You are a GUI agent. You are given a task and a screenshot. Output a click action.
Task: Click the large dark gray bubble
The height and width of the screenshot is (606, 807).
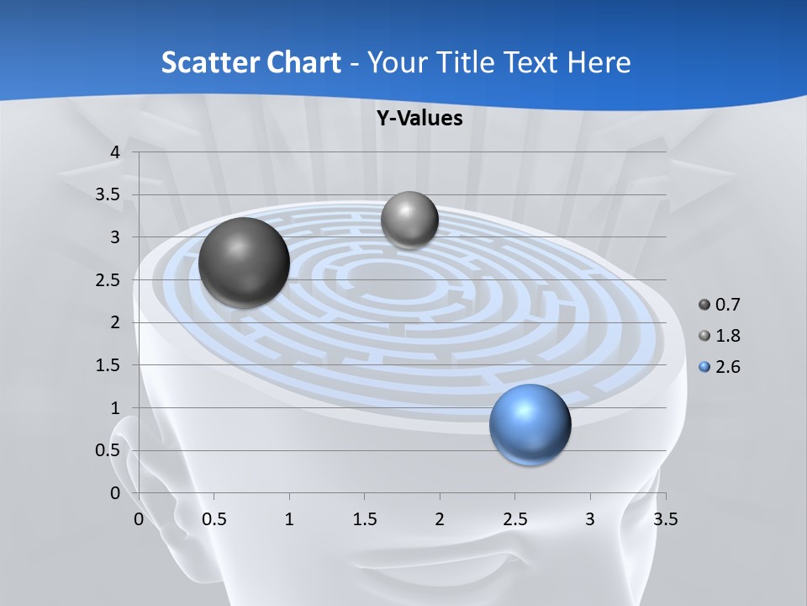click(x=245, y=262)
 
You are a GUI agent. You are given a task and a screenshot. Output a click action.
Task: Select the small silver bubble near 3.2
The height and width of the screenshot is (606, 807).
click(x=409, y=220)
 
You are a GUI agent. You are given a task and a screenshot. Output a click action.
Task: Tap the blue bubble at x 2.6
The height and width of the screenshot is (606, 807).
click(x=530, y=424)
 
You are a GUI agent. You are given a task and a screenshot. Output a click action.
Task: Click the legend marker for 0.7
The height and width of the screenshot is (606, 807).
click(x=704, y=305)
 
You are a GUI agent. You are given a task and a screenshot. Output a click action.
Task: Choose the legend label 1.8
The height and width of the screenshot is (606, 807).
click(x=727, y=336)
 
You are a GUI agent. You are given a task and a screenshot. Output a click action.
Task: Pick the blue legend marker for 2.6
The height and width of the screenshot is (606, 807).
click(x=704, y=367)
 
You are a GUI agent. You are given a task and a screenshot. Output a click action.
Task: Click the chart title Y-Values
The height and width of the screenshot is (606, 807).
click(x=419, y=119)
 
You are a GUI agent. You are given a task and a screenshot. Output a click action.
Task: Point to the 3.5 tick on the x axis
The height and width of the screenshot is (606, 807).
click(x=665, y=519)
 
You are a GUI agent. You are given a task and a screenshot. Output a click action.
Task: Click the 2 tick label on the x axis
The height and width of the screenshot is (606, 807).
click(x=440, y=519)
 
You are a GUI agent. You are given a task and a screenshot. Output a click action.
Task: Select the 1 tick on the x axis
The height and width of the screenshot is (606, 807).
click(x=289, y=519)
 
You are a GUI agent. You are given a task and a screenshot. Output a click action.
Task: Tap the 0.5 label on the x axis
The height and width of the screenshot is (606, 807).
click(x=214, y=519)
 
